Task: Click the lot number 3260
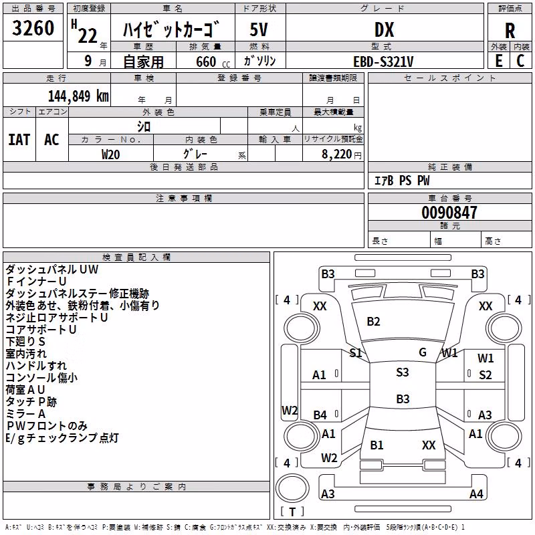tap(33, 28)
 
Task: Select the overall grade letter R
tap(510, 31)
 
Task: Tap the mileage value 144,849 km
tap(78, 96)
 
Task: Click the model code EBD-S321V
tap(383, 62)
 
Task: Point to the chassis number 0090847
tap(449, 213)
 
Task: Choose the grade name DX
tap(384, 30)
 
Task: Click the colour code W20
tap(110, 154)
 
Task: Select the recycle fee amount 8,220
tap(336, 154)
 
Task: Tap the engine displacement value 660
tap(206, 62)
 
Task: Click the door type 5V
tap(259, 29)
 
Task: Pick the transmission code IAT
tap(19, 140)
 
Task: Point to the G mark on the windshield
tap(423, 352)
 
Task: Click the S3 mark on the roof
tap(403, 372)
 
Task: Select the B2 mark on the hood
tap(373, 322)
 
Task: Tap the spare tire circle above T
tap(292, 488)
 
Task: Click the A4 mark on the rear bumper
tap(476, 494)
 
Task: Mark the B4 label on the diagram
tap(320, 415)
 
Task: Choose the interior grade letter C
tap(520, 61)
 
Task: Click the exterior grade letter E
tap(499, 61)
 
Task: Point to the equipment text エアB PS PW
tap(402, 181)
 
